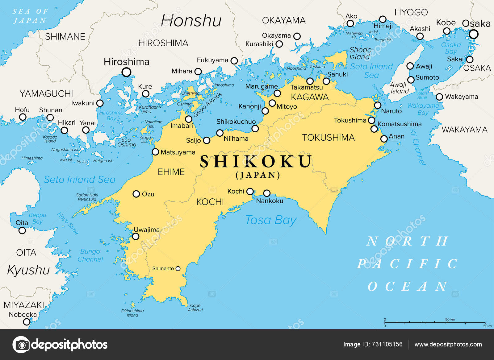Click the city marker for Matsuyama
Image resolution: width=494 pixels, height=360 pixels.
pyautogui.click(x=156, y=152)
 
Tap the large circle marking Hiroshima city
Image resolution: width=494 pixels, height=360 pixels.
pyautogui.click(x=126, y=72)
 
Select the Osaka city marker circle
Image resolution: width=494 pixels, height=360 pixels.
pyautogui.click(x=474, y=34)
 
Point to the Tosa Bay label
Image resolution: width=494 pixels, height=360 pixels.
pyautogui.click(x=270, y=220)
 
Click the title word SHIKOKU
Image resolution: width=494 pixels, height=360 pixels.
pyautogui.click(x=256, y=162)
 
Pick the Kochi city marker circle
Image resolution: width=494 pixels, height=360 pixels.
pyautogui.click(x=250, y=191)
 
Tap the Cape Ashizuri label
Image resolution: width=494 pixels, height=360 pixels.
pyautogui.click(x=195, y=308)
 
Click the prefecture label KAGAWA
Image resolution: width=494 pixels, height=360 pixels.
pyautogui.click(x=309, y=97)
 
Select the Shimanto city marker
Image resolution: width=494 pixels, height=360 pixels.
pyautogui.click(x=178, y=269)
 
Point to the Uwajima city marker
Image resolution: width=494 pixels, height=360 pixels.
pyautogui.click(x=136, y=237)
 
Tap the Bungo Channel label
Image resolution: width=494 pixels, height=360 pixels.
pyautogui.click(x=90, y=255)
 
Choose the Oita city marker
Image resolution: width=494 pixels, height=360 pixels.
pyautogui.click(x=22, y=230)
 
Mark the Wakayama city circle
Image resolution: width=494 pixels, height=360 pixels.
pyautogui.click(x=439, y=97)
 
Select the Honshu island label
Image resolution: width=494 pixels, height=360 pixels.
pyautogui.click(x=191, y=21)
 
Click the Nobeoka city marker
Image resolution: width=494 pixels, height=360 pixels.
pyautogui.click(x=27, y=322)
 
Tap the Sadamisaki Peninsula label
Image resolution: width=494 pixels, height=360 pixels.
pyautogui.click(x=87, y=197)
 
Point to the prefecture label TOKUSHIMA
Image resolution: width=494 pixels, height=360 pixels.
pyautogui.click(x=328, y=138)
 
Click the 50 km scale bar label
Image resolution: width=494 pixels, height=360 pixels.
pyautogui.click(x=450, y=319)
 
